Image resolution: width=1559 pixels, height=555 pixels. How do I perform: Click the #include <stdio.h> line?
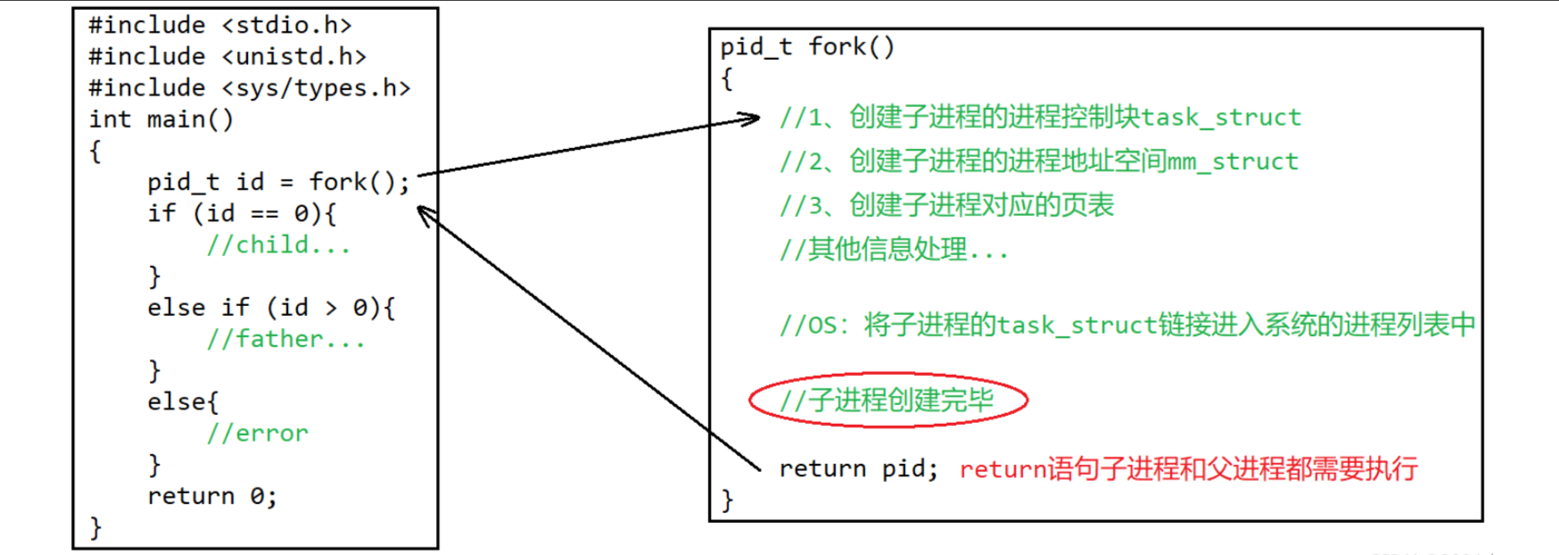tap(219, 25)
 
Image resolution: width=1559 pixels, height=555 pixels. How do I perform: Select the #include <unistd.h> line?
tap(227, 56)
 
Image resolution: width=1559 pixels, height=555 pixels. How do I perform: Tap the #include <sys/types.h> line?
tap(249, 87)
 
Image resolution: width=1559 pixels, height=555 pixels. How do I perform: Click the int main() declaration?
tap(161, 119)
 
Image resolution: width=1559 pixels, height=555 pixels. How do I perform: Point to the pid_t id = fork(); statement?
tap(278, 182)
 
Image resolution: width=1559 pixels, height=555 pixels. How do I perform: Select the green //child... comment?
tap(278, 244)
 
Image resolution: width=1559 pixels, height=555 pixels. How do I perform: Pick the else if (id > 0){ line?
tap(271, 308)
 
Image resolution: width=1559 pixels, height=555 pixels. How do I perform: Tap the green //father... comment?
tap(285, 339)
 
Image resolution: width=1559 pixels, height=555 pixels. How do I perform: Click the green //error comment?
tap(257, 434)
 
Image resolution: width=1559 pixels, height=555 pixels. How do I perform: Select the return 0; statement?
tap(212, 496)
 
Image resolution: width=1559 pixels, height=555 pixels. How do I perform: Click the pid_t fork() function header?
tap(807, 46)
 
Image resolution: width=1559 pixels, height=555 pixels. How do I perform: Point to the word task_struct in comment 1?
tap(1221, 117)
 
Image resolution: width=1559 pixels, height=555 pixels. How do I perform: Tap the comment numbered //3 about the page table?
tap(946, 205)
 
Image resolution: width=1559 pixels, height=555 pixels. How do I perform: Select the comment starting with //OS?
tap(1126, 325)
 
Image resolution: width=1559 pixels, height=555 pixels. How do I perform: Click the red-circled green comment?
tap(887, 400)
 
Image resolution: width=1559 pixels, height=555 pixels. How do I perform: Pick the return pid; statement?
tap(858, 468)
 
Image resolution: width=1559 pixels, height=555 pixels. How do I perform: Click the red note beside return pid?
tap(1188, 468)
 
